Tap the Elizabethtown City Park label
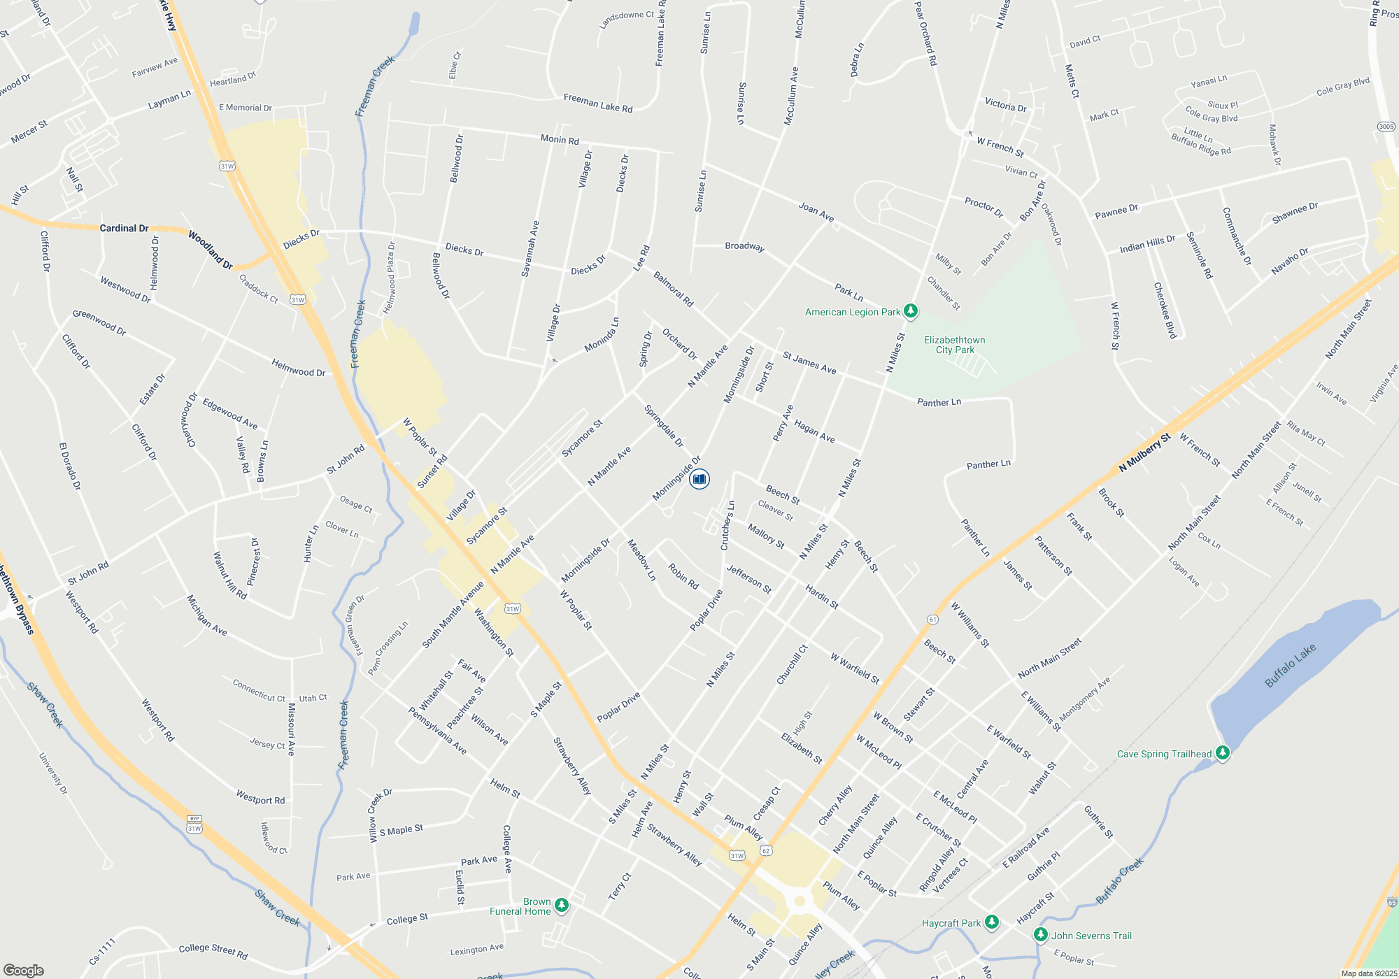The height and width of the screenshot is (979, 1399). click(x=954, y=345)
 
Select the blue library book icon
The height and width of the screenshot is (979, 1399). click(x=699, y=479)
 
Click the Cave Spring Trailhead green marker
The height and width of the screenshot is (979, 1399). click(x=1223, y=753)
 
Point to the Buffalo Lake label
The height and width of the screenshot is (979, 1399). click(x=1290, y=665)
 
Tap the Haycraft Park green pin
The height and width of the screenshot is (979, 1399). click(x=991, y=922)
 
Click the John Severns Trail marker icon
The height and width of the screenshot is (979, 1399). click(x=1041, y=935)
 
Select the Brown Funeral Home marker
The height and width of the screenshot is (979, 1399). click(x=561, y=906)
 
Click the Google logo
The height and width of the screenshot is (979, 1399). click(x=23, y=971)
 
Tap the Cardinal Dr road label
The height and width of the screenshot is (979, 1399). click(x=124, y=228)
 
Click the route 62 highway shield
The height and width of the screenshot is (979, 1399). click(x=767, y=851)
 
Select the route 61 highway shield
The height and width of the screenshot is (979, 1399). click(x=932, y=620)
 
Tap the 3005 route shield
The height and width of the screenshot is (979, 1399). click(x=1386, y=127)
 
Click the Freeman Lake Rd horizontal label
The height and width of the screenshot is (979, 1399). click(x=598, y=103)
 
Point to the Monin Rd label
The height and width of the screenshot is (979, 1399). click(x=560, y=139)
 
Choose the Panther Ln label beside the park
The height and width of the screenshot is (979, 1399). click(x=939, y=402)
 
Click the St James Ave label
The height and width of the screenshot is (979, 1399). click(x=809, y=362)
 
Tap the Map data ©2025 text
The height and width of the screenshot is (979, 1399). click(x=1369, y=973)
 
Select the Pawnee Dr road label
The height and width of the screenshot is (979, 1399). click(x=1116, y=210)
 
